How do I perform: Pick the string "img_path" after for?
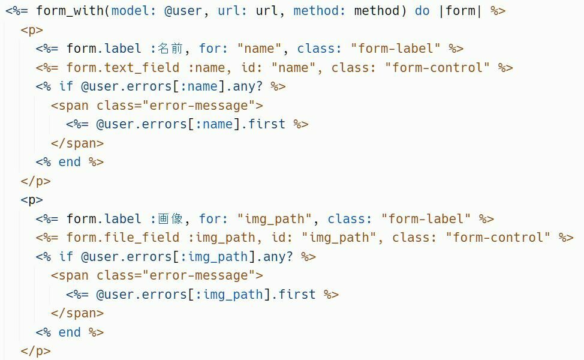coord(275,219)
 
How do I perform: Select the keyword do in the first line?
coord(422,11)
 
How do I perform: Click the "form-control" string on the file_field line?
coord(498,238)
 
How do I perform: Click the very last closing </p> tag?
coord(35,351)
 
